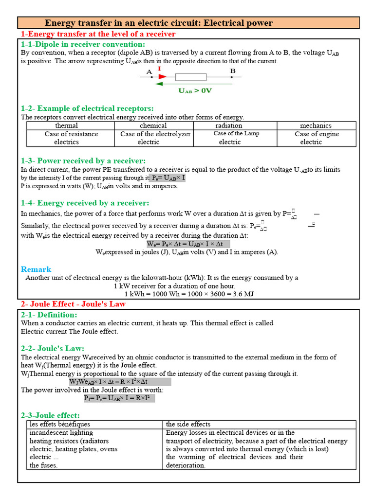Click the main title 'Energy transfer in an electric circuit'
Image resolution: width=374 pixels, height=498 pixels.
pyautogui.click(x=159, y=23)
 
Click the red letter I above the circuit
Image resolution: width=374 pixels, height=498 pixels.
pyautogui.click(x=159, y=70)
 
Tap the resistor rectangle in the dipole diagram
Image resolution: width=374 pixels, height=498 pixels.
pyautogui.click(x=190, y=77)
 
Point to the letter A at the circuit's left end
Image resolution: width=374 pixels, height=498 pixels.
pyautogui.click(x=150, y=71)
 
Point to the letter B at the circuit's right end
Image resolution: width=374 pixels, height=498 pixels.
pyautogui.click(x=233, y=71)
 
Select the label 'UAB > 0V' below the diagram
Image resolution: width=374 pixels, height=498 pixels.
pyautogui.click(x=195, y=91)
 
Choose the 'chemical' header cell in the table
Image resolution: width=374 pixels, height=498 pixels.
pyautogui.click(x=153, y=125)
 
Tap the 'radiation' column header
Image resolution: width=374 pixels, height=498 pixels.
pyautogui.click(x=229, y=125)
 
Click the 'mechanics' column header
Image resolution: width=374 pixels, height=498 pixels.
pyautogui.click(x=316, y=125)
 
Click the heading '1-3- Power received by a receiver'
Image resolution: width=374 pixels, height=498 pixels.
pyautogui.click(x=83, y=160)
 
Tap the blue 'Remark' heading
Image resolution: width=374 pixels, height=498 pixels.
pyautogui.click(x=36, y=269)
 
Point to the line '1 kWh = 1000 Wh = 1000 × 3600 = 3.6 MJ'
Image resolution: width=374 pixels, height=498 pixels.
pyautogui.click(x=189, y=294)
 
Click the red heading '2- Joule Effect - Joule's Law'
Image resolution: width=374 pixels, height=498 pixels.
pyautogui.click(x=73, y=304)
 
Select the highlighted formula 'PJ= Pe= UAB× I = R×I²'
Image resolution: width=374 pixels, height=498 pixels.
pyautogui.click(x=119, y=398)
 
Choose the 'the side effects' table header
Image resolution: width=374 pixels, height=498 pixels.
pyautogui.click(x=188, y=424)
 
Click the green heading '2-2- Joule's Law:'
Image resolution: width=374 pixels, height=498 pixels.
pyautogui.click(x=53, y=348)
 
